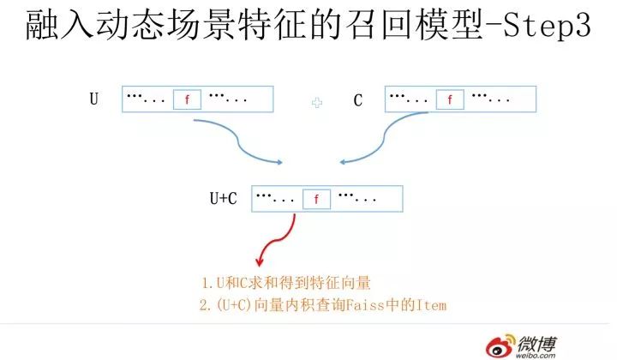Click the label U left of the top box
point(93,99)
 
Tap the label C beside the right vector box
point(358,100)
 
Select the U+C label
point(224,199)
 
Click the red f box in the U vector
point(187,99)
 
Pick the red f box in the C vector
point(449,99)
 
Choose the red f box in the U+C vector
point(316,199)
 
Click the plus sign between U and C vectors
point(317,102)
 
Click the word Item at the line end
point(433,305)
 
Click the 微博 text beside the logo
point(536,341)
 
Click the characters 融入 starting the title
point(53,28)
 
